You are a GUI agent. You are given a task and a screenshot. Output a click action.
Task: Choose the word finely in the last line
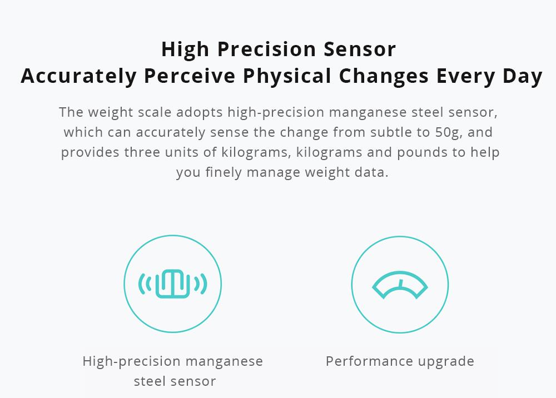click(x=224, y=172)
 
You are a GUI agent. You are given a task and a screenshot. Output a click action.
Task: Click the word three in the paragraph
click(x=142, y=152)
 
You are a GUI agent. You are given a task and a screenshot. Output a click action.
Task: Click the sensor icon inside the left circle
click(x=172, y=284)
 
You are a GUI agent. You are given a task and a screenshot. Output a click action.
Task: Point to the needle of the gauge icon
click(x=400, y=283)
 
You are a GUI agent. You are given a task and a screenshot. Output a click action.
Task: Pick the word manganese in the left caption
click(x=225, y=361)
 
